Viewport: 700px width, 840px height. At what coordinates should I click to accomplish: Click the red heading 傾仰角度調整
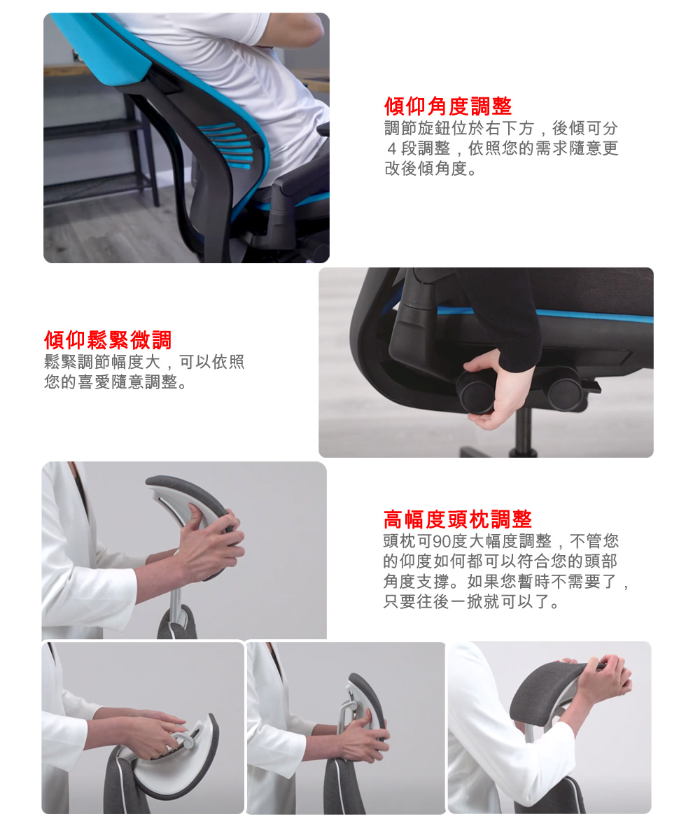click(448, 106)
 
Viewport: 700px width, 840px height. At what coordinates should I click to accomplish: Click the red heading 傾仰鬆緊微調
click(108, 340)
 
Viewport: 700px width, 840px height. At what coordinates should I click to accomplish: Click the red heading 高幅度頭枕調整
click(458, 519)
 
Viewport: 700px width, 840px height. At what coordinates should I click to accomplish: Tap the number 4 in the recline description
click(392, 149)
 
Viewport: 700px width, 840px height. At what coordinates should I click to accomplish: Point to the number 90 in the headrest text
click(442, 541)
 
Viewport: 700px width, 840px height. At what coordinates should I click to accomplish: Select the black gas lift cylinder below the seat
click(521, 427)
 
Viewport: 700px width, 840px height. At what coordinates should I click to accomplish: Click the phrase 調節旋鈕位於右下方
click(458, 129)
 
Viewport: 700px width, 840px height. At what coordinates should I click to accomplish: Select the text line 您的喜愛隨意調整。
click(115, 383)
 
